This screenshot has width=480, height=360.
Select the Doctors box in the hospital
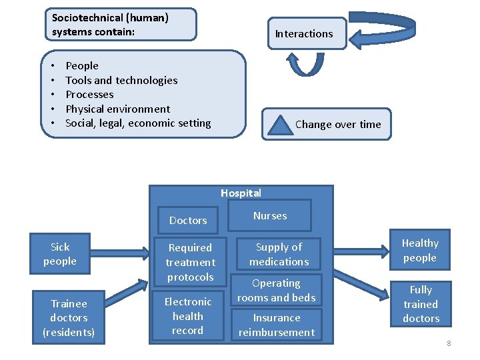[189, 220]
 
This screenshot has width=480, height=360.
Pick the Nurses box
[270, 215]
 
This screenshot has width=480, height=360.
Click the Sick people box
[60, 254]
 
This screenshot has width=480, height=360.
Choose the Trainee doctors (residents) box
[69, 318]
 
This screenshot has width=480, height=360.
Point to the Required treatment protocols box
[190, 262]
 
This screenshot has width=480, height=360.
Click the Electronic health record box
[187, 316]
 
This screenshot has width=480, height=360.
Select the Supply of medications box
[279, 254]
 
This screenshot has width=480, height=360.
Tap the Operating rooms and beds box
[276, 291]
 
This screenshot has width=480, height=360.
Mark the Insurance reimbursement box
[277, 325]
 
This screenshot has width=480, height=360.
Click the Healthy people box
[420, 251]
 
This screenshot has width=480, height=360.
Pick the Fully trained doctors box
[421, 304]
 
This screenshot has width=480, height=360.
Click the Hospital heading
[241, 193]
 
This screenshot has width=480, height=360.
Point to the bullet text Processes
[89, 95]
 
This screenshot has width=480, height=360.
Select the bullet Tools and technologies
[121, 80]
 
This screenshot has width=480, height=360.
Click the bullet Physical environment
[117, 109]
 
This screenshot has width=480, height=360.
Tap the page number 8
[449, 343]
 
